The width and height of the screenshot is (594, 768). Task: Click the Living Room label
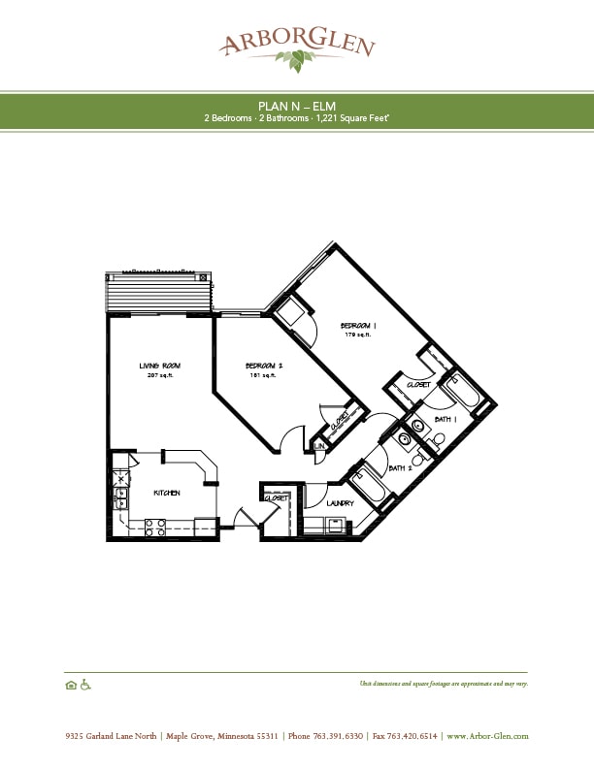pyautogui.click(x=159, y=366)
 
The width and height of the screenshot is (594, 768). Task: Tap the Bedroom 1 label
pyautogui.click(x=357, y=325)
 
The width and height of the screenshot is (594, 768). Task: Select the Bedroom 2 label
pyautogui.click(x=266, y=366)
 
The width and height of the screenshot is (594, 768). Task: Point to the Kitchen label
pyautogui.click(x=167, y=493)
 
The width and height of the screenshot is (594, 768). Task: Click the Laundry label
pyautogui.click(x=340, y=503)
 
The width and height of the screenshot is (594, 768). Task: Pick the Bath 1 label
pyautogui.click(x=445, y=419)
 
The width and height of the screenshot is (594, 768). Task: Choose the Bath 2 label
pyautogui.click(x=400, y=468)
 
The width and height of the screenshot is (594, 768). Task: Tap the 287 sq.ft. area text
pyautogui.click(x=159, y=375)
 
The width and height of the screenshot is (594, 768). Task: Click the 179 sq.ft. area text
pyautogui.click(x=357, y=335)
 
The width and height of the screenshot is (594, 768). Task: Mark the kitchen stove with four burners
pyautogui.click(x=155, y=528)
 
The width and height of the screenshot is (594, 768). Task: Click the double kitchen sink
pyautogui.click(x=120, y=496)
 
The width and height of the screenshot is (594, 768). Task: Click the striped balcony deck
pyautogui.click(x=157, y=291)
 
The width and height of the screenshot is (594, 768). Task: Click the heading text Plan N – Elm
pyautogui.click(x=296, y=105)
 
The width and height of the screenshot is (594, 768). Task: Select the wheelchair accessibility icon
pyautogui.click(x=85, y=685)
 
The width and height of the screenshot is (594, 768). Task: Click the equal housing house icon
pyautogui.click(x=71, y=685)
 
